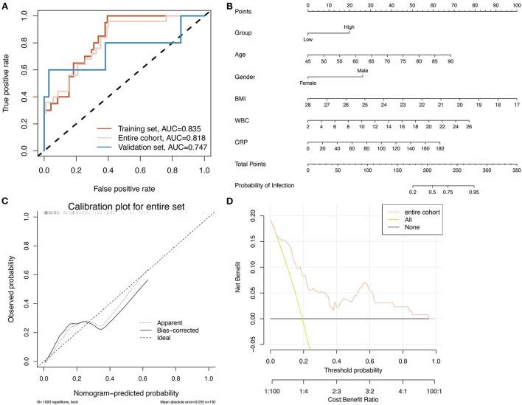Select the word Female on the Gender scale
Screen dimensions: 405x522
click(x=307, y=83)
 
